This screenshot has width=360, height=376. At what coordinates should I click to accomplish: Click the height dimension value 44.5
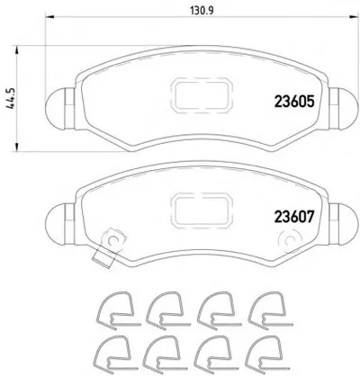(x=11, y=99)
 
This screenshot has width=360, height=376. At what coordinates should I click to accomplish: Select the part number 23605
(x=294, y=102)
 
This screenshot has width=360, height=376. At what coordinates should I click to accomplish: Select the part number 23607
(x=294, y=217)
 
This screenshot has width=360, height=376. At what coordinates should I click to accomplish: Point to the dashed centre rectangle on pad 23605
(x=202, y=95)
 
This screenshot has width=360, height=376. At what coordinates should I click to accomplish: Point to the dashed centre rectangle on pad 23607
(x=202, y=210)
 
